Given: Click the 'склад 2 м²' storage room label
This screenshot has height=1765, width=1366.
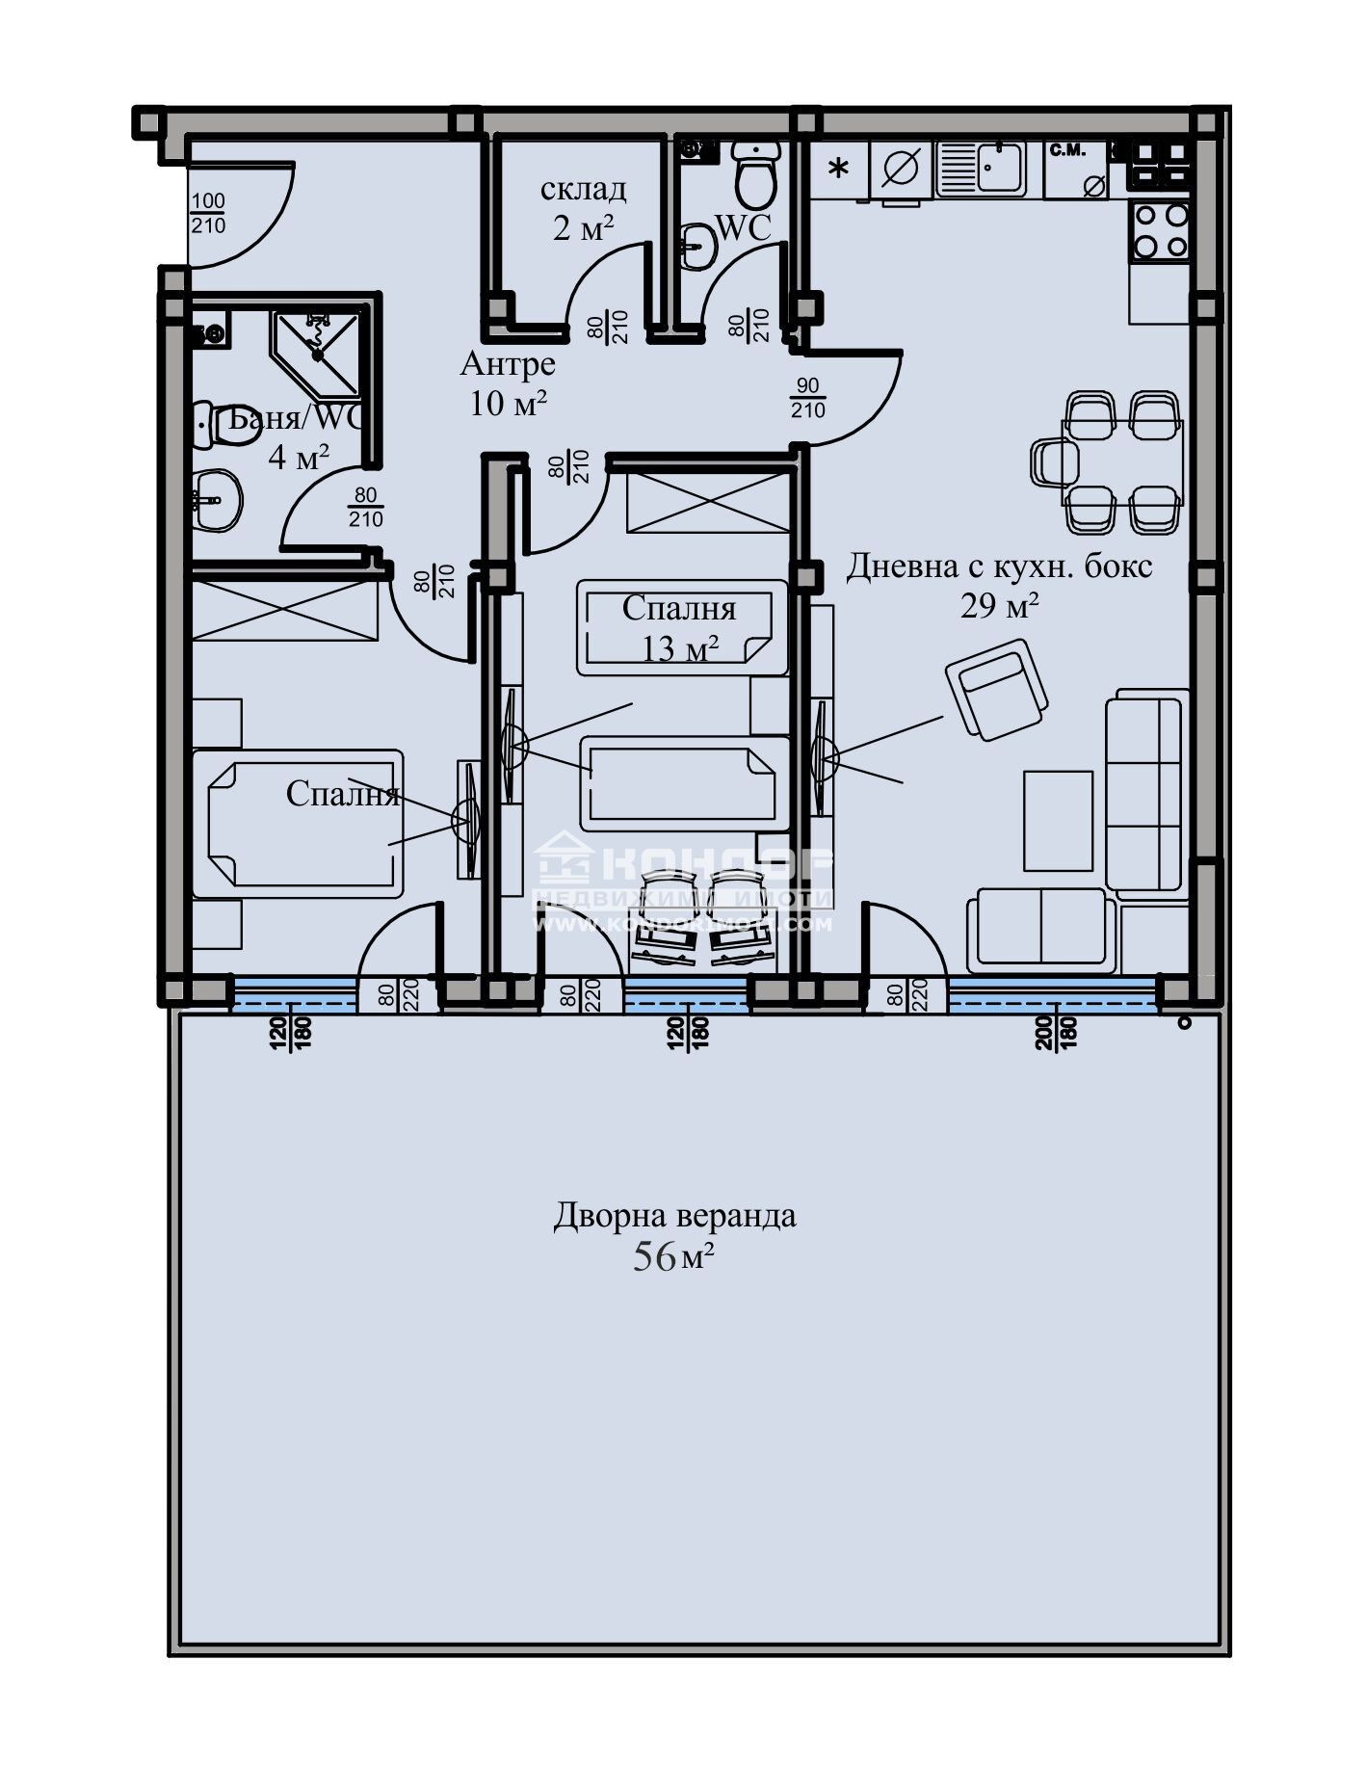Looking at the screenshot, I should click(583, 208).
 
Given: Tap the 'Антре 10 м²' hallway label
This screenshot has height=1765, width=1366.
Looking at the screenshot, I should click(508, 383).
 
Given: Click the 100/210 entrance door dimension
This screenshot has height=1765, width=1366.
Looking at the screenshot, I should click(208, 214).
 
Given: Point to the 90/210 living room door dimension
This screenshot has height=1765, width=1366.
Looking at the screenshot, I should click(807, 398).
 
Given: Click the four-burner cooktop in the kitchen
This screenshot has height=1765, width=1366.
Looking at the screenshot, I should click(1160, 230).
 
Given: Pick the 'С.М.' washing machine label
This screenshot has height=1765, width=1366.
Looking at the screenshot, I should click(1067, 151).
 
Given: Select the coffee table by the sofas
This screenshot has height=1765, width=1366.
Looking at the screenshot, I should click(1058, 820).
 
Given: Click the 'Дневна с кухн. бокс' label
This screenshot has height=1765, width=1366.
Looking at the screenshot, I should click(999, 566).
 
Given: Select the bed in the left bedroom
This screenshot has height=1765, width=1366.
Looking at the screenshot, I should click(299, 818).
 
